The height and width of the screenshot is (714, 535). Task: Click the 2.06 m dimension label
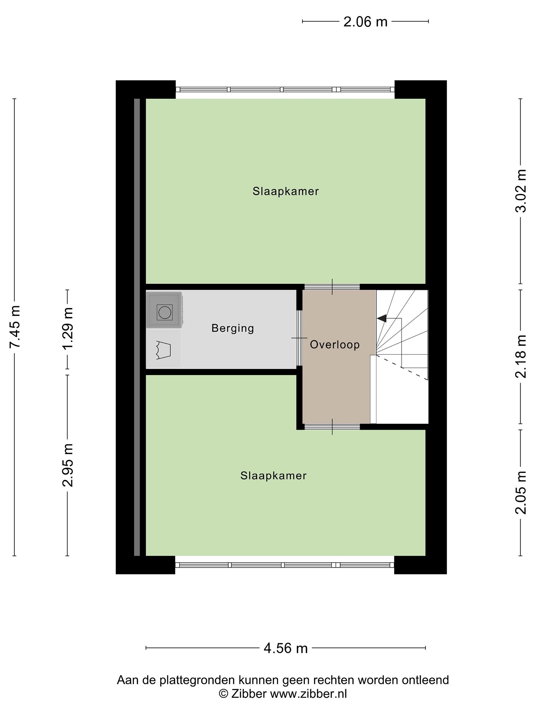365,22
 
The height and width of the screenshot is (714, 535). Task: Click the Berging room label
233,328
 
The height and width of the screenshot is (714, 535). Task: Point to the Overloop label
335,345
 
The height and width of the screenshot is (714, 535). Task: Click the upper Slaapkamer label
286,191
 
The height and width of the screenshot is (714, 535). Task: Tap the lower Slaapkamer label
273,476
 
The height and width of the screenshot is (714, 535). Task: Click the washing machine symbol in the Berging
164,310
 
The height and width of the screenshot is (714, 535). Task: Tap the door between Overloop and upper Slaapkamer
332,287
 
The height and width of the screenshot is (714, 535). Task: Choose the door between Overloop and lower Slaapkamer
332,426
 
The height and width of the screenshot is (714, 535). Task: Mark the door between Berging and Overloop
299,338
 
